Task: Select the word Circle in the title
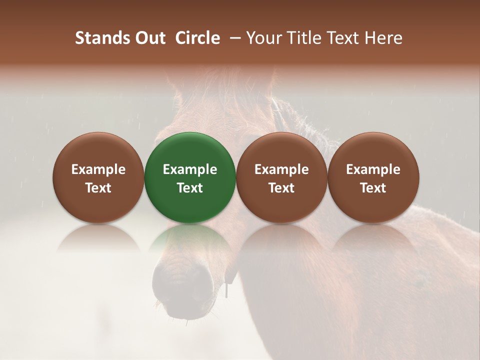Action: (197, 38)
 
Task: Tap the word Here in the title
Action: (383, 38)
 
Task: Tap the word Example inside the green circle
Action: (190, 169)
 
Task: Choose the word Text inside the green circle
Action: (190, 188)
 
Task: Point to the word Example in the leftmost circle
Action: (98, 169)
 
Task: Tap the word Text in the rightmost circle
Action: (373, 188)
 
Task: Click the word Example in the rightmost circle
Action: (373, 169)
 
